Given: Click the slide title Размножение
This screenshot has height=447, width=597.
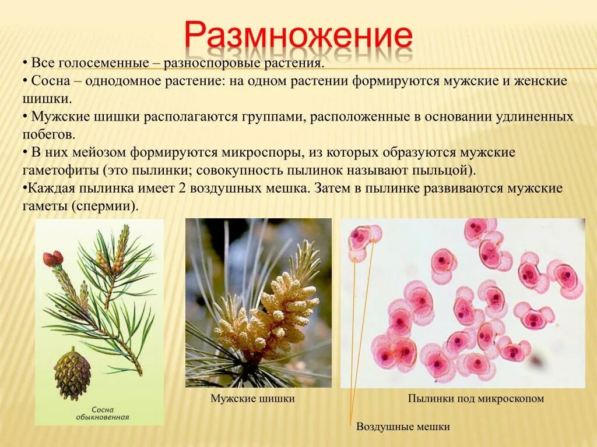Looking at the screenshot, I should click(x=298, y=36).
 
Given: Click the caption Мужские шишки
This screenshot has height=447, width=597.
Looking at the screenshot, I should click(x=252, y=399).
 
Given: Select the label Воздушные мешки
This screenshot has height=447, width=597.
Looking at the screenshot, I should click(x=403, y=427).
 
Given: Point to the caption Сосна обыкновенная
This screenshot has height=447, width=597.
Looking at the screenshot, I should click(x=102, y=413).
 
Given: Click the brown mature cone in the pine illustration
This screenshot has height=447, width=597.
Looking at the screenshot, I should click(x=72, y=372).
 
